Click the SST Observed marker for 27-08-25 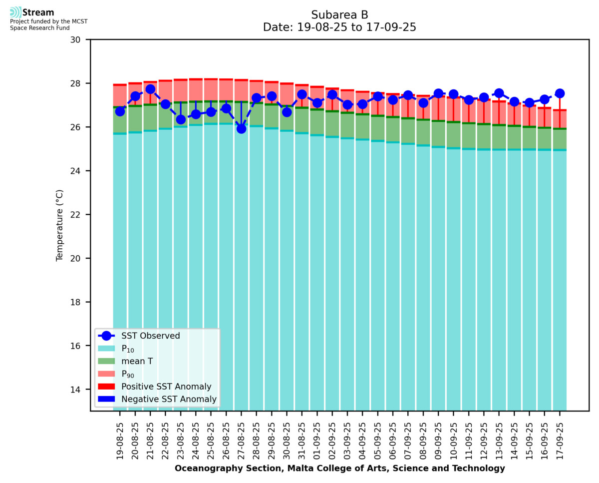click(x=241, y=128)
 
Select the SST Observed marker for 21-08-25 click(x=150, y=89)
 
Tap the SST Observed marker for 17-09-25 click(x=560, y=93)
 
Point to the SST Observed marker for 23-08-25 click(x=181, y=119)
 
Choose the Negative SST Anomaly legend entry click(x=169, y=399)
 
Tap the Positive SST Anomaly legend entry click(x=166, y=387)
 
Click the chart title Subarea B click(x=339, y=15)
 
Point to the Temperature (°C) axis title click(x=60, y=225)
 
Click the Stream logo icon click(x=15, y=12)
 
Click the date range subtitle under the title click(x=339, y=28)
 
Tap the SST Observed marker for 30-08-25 click(x=287, y=112)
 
